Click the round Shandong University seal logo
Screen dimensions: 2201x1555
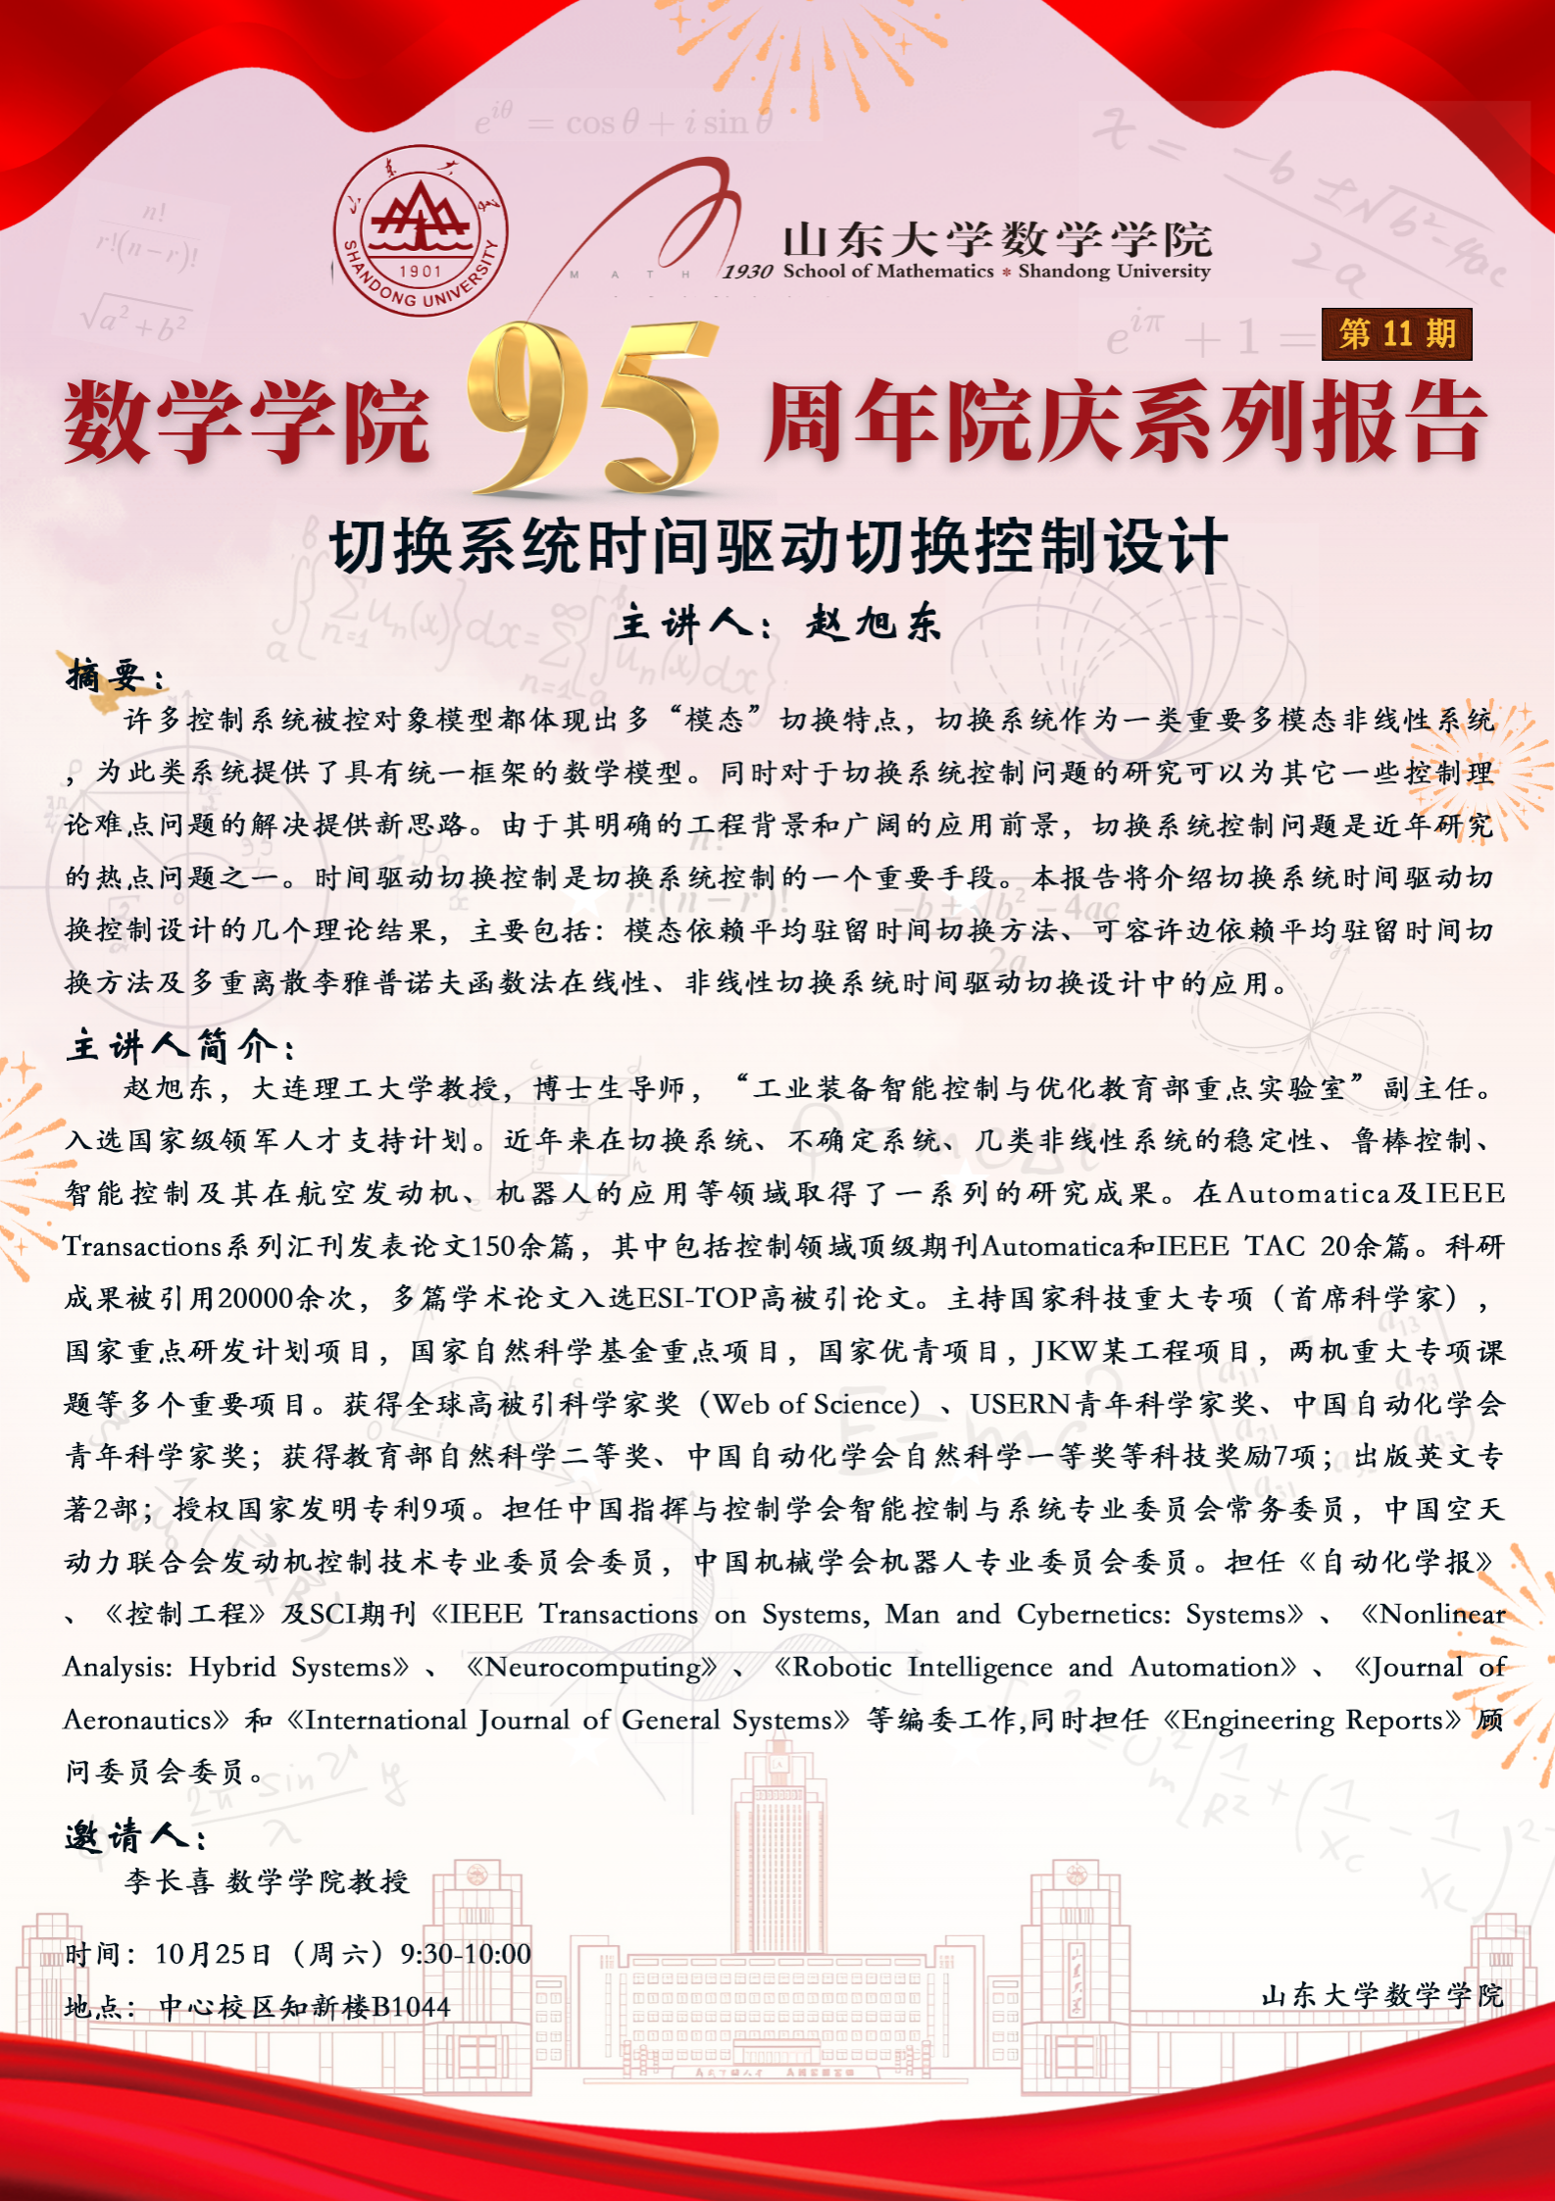421,230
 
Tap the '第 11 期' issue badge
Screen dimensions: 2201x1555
1396,334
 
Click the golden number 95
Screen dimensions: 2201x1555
593,409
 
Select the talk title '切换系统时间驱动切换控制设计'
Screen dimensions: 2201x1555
778,546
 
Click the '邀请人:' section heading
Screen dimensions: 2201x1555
135,1836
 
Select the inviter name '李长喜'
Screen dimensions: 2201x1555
169,1881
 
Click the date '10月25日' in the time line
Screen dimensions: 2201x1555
213,1954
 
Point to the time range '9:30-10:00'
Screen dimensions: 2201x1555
465,1954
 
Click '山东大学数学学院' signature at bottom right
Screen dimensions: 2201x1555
1381,1995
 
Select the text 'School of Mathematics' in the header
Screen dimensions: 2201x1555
888,272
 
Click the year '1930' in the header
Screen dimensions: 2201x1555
748,272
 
